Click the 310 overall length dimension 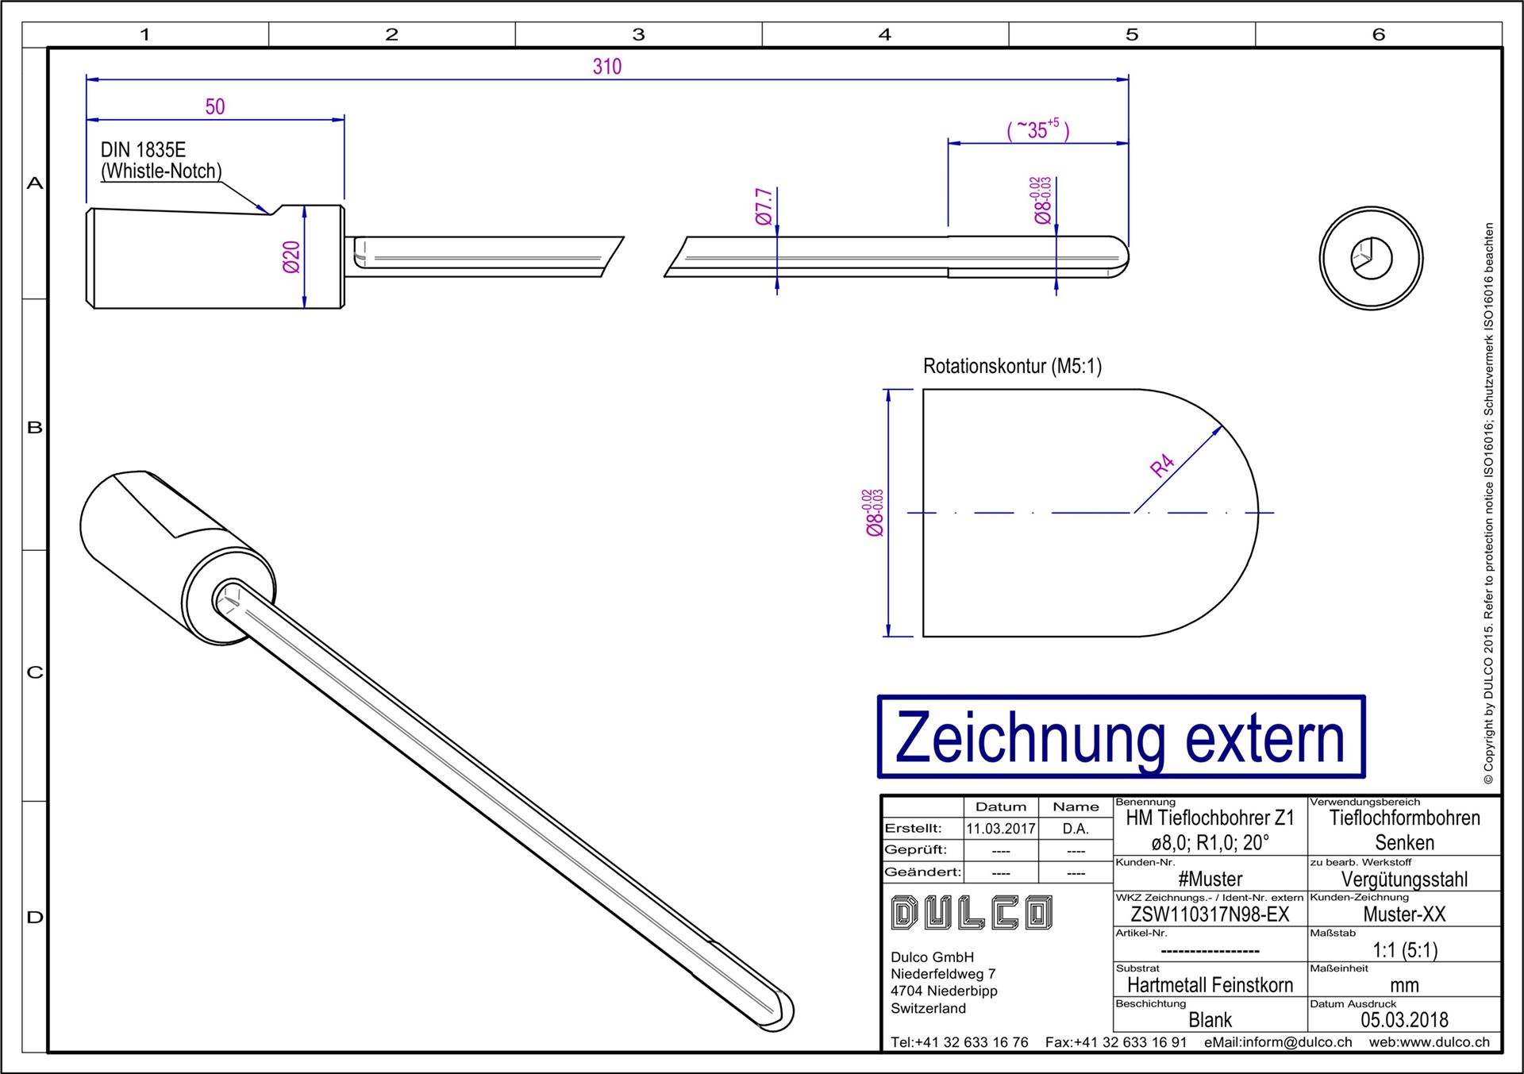tap(607, 67)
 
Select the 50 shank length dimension tap(215, 107)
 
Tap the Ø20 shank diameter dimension tap(291, 257)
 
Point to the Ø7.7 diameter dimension tap(764, 206)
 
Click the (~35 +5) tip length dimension tap(1038, 129)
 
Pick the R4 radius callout tap(1162, 465)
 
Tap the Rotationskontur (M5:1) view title tap(1012, 367)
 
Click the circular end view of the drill tap(1371, 258)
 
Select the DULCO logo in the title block tap(972, 913)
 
